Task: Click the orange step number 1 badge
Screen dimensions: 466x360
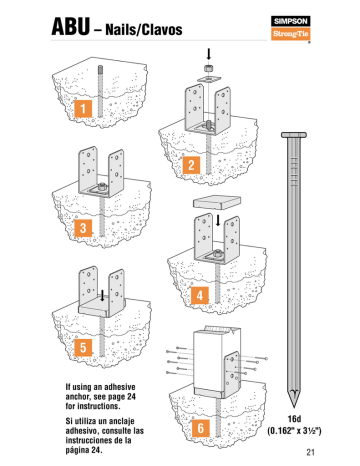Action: click(85, 106)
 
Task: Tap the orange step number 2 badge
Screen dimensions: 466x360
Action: click(188, 163)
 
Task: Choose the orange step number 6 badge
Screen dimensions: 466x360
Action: click(200, 428)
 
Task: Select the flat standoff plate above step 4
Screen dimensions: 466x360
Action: click(219, 203)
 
